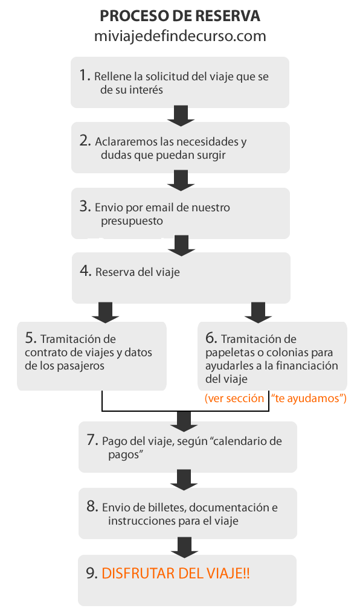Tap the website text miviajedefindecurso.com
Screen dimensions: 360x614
[180, 36]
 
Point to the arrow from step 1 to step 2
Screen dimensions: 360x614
[181, 115]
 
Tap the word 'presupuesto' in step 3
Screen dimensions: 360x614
[132, 221]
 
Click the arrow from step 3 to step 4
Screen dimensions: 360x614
[181, 246]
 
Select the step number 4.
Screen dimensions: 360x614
[85, 270]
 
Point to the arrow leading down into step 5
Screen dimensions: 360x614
[105, 312]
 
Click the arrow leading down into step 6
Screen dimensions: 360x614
[258, 312]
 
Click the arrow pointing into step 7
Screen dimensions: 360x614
[184, 421]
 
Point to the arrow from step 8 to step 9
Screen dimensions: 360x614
[184, 548]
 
